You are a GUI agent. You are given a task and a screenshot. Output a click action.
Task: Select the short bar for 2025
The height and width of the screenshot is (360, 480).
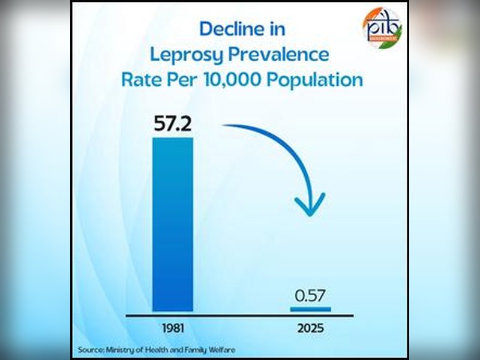tap(310, 309)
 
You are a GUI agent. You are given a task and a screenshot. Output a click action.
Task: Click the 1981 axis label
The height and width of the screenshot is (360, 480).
tap(173, 328)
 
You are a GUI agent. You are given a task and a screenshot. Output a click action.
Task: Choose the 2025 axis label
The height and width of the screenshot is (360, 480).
tap(310, 328)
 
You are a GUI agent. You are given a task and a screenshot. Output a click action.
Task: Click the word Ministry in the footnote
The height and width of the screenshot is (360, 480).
tap(121, 349)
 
